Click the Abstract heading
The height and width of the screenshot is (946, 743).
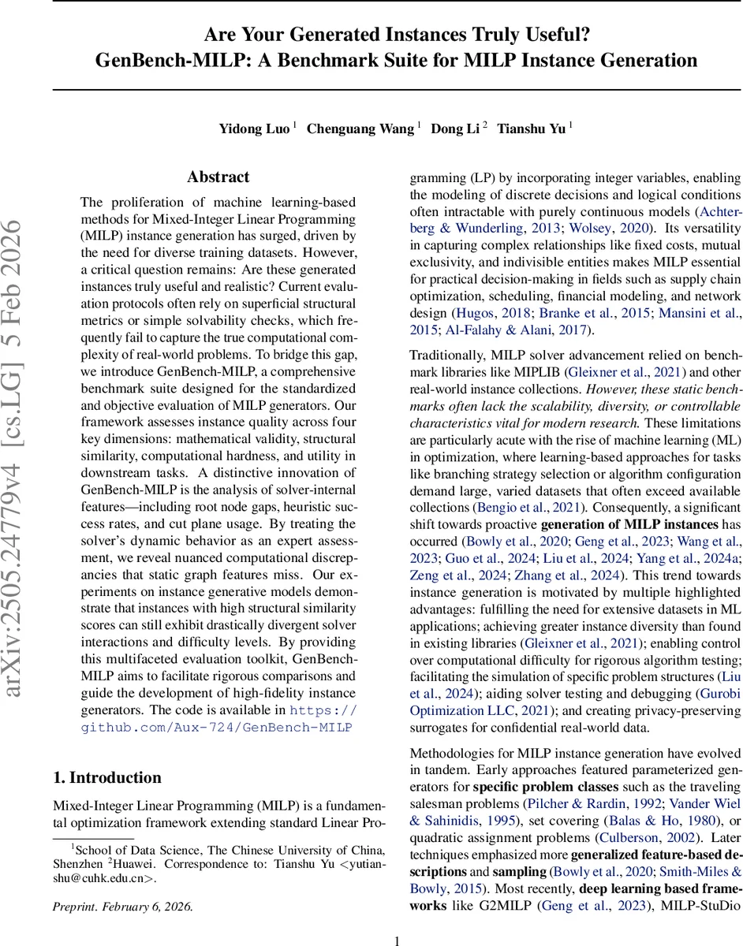click(x=218, y=177)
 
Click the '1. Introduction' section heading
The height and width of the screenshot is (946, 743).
click(x=107, y=777)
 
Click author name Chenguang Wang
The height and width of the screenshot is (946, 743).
click(x=360, y=128)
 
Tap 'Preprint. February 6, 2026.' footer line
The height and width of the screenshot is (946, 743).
click(x=122, y=906)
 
